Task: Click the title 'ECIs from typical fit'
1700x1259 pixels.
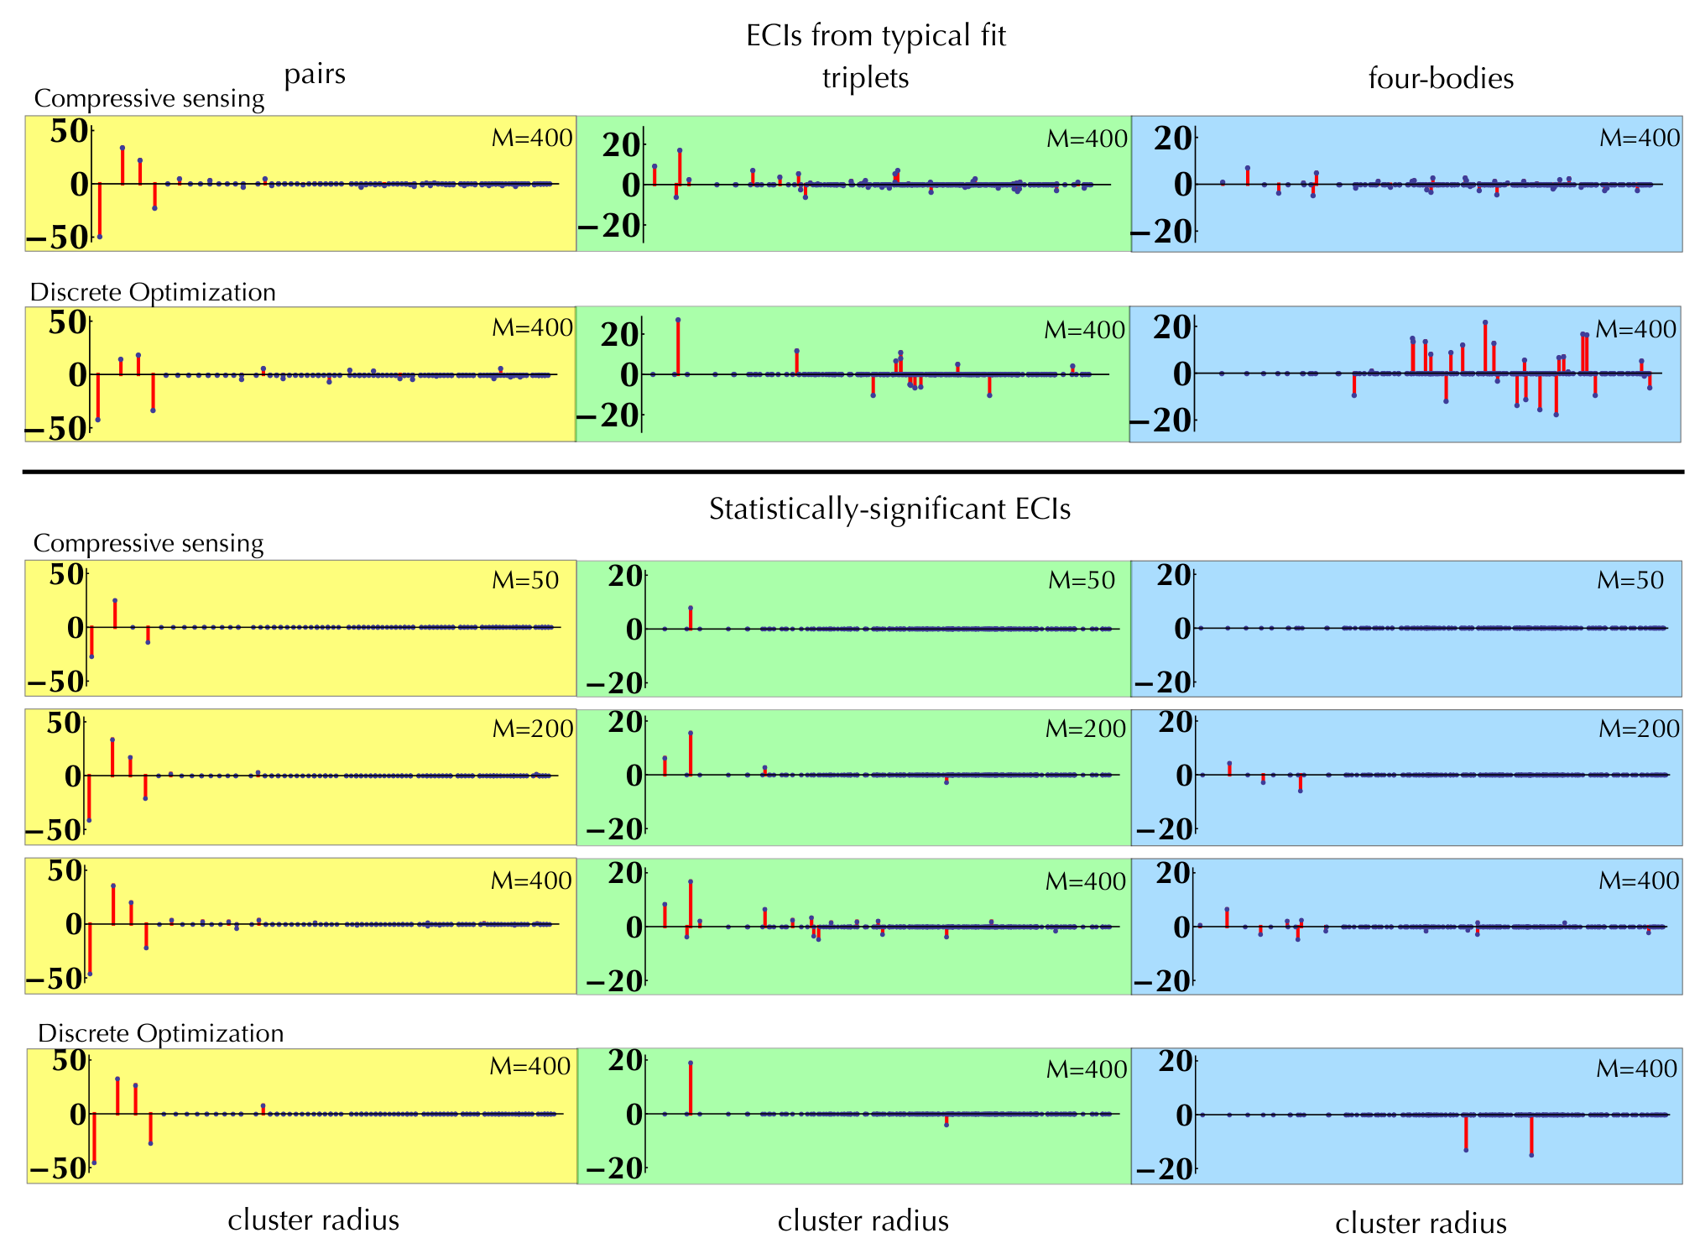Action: point(875,36)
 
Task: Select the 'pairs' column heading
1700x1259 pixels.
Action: point(315,75)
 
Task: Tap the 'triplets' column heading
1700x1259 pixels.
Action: point(865,78)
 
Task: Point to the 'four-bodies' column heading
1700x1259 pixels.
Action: point(1441,79)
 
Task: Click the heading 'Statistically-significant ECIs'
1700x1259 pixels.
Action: point(889,509)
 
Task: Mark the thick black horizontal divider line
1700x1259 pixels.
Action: point(853,473)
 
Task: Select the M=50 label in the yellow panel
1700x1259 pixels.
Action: point(525,580)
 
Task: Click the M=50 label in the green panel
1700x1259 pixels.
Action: point(1082,580)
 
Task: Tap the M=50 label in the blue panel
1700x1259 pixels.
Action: point(1630,580)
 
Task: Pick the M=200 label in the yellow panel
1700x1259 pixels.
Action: point(533,729)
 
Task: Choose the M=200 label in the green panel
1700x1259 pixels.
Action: point(1086,729)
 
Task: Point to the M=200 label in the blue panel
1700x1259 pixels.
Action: point(1639,729)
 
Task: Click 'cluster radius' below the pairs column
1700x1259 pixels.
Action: point(313,1220)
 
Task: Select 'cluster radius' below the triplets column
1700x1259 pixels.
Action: point(863,1220)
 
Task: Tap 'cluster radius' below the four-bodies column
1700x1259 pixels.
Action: point(1421,1223)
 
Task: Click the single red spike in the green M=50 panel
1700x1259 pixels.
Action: point(691,618)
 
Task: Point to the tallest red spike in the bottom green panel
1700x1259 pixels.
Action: point(691,1088)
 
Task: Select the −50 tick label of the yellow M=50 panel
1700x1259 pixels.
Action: point(55,682)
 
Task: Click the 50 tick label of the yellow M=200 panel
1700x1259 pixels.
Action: point(65,723)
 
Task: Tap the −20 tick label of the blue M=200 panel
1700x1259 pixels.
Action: point(1163,829)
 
